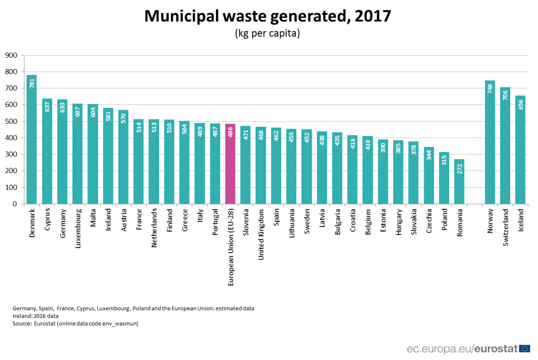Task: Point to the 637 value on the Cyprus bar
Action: point(47,106)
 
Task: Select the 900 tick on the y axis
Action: point(11,56)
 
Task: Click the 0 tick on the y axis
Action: point(15,204)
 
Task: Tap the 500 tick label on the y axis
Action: point(11,121)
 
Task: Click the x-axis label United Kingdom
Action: point(260,234)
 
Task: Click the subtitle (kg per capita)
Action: point(267,34)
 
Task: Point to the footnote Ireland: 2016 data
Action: point(35,316)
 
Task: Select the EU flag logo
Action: point(525,348)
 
